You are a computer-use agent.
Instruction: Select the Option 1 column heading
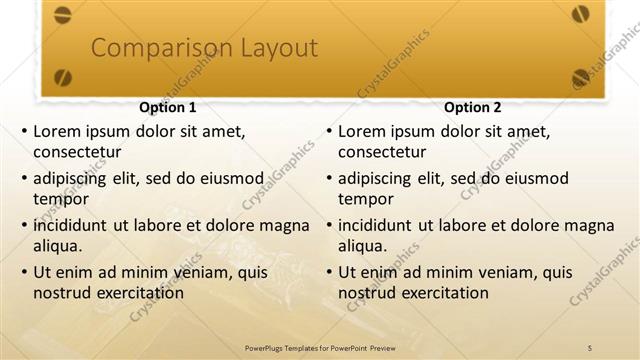tap(167, 107)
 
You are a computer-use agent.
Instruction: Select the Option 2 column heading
tap(473, 107)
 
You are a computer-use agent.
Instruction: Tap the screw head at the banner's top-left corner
tap(62, 14)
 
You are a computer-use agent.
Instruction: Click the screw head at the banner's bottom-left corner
tap(62, 76)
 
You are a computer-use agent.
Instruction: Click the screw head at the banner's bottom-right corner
tap(581, 76)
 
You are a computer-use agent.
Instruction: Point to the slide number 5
tap(590, 346)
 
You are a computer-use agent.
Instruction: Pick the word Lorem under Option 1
tap(57, 131)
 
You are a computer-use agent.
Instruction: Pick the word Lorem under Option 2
tap(362, 131)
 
